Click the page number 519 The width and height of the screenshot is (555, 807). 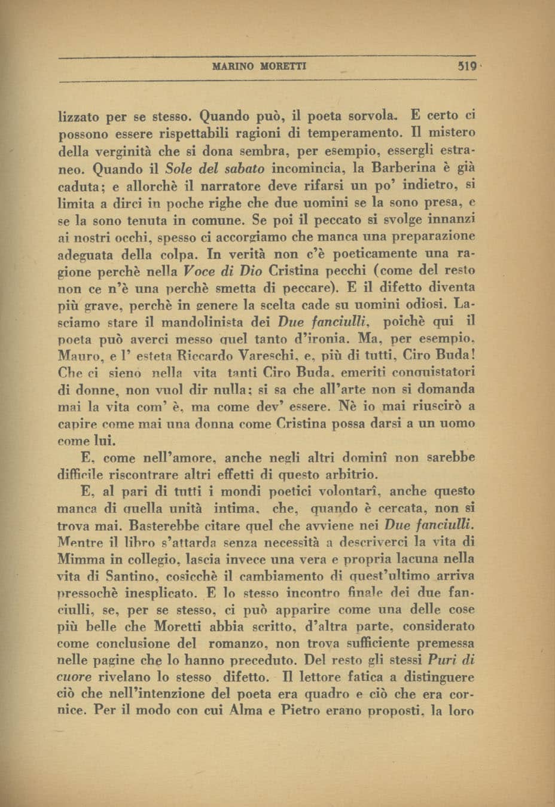pyautogui.click(x=464, y=66)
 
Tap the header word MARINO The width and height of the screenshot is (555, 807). pyautogui.click(x=234, y=66)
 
